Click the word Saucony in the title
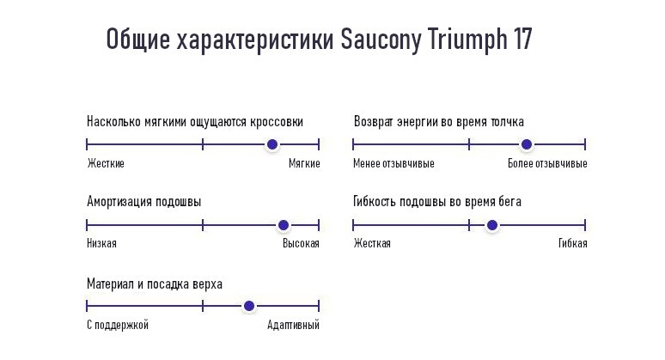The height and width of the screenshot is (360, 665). pos(381,40)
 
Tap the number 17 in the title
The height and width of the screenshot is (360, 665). pos(522,39)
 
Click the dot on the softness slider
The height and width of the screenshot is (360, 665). pos(272,144)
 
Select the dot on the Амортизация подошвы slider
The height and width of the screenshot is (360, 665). pos(284,225)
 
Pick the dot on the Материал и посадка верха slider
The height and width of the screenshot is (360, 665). pos(249,306)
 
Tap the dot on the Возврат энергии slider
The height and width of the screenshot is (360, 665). pos(527,144)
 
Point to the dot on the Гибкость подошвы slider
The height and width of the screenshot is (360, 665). pos(492,225)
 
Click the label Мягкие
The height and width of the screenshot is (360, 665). pos(304,163)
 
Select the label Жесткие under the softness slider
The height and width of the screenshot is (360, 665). pos(106,163)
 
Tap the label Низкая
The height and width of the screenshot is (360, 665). pos(101,243)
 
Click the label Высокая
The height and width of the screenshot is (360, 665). pos(301,243)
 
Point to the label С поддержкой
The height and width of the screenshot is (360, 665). pos(118,326)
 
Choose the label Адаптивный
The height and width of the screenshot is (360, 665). pos(293,326)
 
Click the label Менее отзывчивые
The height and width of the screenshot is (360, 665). pos(394,163)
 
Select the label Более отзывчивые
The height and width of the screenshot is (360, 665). pos(547,163)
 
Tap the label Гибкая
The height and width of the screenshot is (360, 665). pos(572,243)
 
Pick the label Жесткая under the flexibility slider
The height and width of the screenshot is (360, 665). pos(372,243)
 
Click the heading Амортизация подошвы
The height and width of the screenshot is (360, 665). pos(143,201)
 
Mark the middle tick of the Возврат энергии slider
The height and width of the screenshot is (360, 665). pos(469,144)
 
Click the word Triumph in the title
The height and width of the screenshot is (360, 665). pos(467,40)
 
